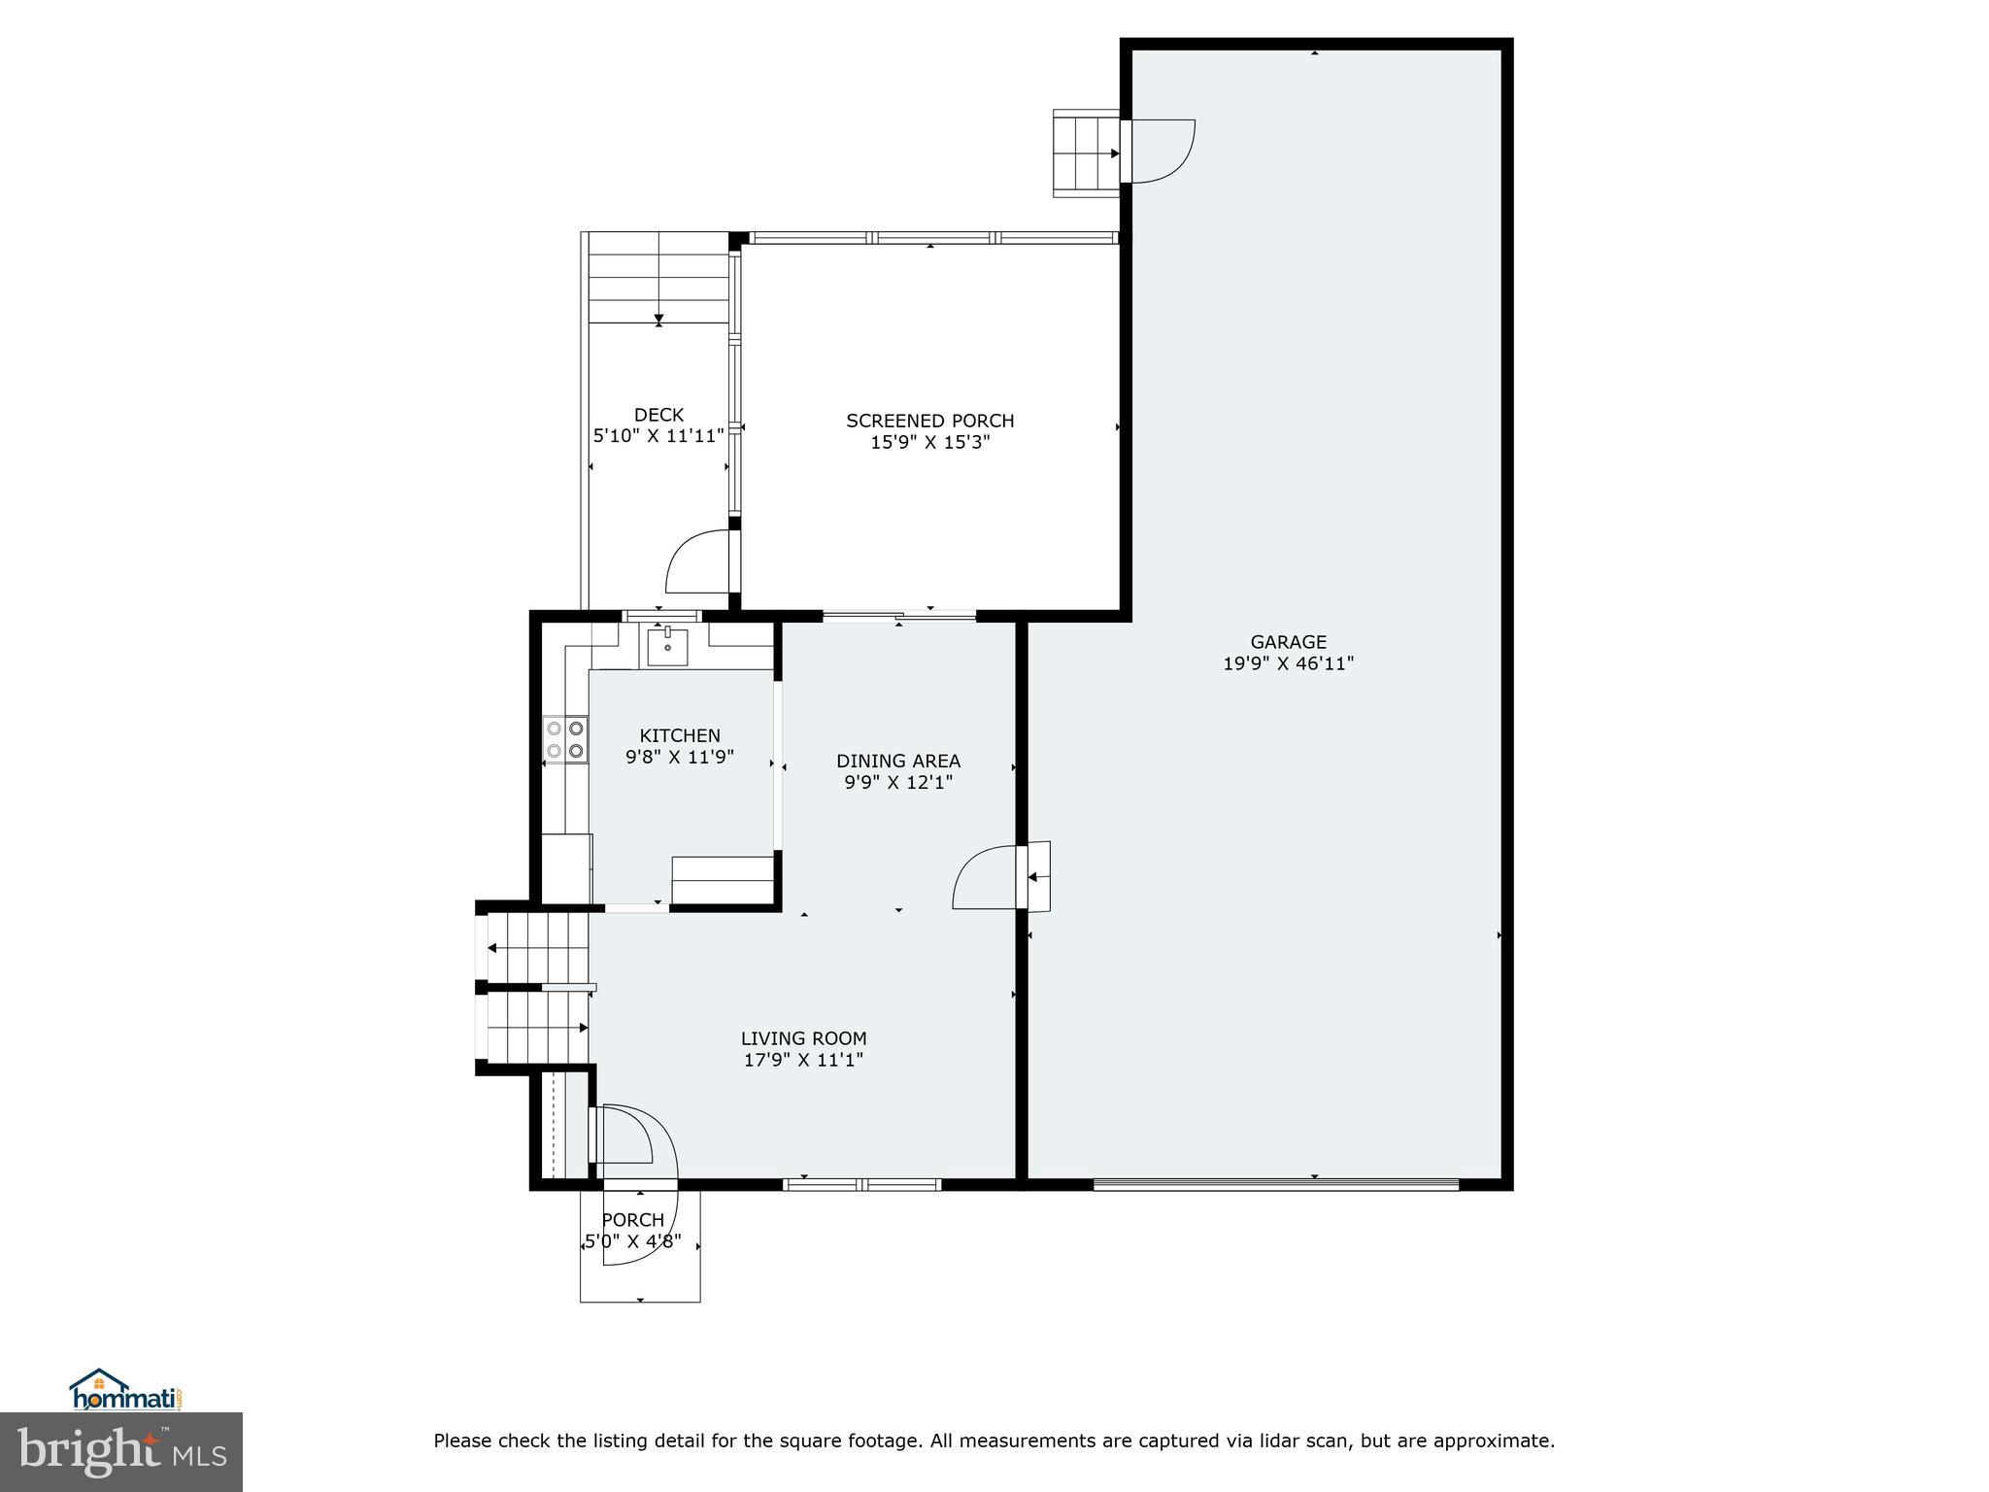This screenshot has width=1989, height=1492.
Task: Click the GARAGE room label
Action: coord(1288,642)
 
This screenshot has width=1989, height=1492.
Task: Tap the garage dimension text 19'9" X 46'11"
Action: coord(1288,664)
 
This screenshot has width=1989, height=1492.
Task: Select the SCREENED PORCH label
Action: coord(929,421)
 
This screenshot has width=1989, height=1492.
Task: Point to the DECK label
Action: coord(658,415)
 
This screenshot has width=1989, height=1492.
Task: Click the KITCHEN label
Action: coord(679,735)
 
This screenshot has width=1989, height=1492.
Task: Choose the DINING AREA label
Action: coord(897,761)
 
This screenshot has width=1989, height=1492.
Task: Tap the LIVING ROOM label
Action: coord(803,1038)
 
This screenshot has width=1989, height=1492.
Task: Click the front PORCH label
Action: coord(632,1220)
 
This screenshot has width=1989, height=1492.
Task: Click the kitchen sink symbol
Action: coord(667,646)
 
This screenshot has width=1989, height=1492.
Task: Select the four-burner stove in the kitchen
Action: coord(564,738)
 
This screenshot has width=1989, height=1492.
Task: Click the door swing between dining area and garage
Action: coord(986,877)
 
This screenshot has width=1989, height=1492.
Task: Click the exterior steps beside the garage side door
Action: coord(1085,153)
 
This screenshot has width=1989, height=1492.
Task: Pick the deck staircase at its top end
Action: coord(658,277)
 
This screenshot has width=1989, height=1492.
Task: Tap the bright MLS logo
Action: coord(121,1450)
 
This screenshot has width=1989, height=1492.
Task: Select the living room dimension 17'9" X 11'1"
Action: coord(803,1061)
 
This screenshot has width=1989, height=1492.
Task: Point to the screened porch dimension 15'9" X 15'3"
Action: coord(929,443)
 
